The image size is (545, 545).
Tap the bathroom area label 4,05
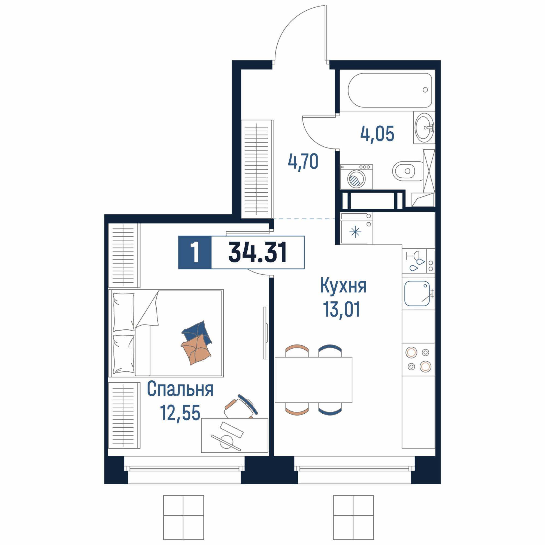377,134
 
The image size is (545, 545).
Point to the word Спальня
180,389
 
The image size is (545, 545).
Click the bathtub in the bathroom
390,90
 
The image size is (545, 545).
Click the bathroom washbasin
424,128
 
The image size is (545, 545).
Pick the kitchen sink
417,293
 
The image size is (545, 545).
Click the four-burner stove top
418,359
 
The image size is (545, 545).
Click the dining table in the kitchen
313,380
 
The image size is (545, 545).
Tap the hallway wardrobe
257,169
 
